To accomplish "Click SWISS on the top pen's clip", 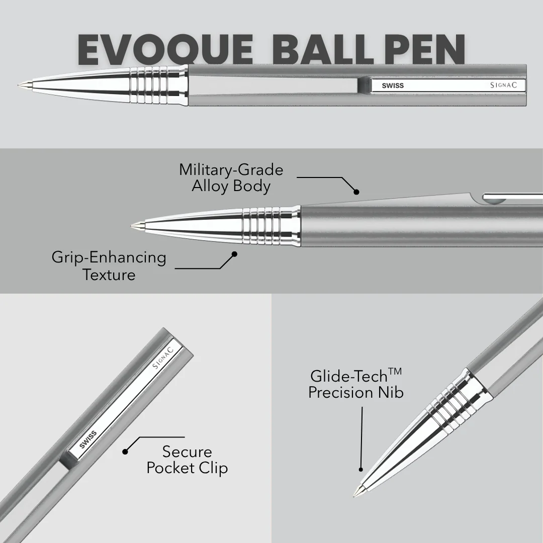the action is pos(393,85).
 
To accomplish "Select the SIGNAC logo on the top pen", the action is pos(503,85).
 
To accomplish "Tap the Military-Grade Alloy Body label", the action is pos(231,178).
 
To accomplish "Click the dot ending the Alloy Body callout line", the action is pos(356,192).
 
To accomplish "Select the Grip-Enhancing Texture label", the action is pos(109,266).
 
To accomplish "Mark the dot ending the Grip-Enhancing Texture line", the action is pos(234,254).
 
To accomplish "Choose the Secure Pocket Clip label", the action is pos(187,460).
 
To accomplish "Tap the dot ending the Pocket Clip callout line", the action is pos(125,451).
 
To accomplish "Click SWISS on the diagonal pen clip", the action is pos(88,440).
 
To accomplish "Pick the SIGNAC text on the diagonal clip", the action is pos(163,357).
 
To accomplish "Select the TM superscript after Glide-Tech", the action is pos(395,372).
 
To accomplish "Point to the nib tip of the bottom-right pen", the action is pos(354,496).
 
